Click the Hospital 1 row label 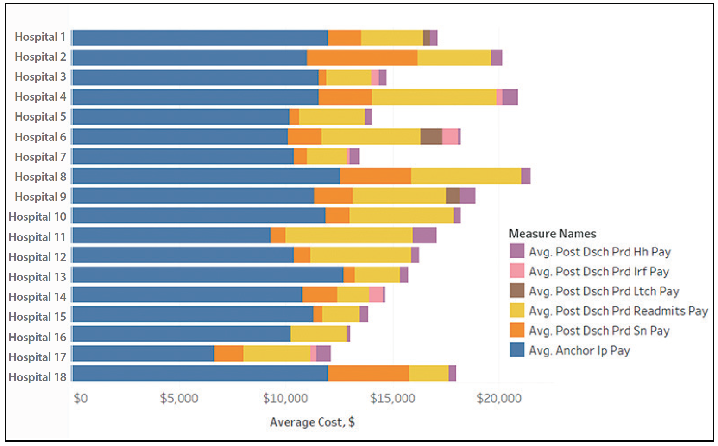point(40,37)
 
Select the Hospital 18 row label point(38,377)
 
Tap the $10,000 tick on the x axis point(285,398)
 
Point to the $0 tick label point(81,398)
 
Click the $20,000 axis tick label point(499,398)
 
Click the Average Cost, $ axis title point(312,422)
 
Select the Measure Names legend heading point(552,234)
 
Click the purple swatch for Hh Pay point(517,251)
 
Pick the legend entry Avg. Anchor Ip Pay point(579,350)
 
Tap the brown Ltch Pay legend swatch point(517,291)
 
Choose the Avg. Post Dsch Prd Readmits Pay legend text point(618,311)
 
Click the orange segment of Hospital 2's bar point(362,57)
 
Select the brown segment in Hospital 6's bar point(431,137)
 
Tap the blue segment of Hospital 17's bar point(143,353)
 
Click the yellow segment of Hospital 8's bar point(466,176)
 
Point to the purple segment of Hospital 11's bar point(424,236)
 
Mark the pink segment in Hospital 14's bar point(376,294)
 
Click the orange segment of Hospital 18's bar point(368,373)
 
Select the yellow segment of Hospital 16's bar point(319,334)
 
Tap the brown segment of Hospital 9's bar point(453,196)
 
